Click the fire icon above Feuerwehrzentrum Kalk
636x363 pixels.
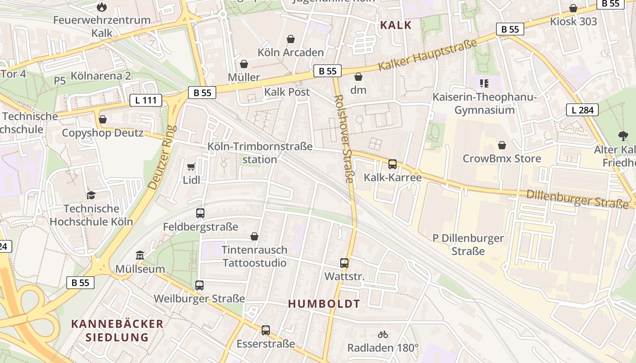point(102,7)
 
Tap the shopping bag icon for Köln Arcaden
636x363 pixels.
point(291,39)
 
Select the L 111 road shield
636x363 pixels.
point(146,100)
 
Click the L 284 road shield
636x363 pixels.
point(582,109)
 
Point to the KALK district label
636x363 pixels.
point(396,25)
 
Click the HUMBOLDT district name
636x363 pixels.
point(324,304)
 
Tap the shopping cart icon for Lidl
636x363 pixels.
point(191,167)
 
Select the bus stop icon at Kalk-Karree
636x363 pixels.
point(393,164)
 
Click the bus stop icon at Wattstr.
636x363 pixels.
point(344,263)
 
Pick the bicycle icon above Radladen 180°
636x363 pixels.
point(383,335)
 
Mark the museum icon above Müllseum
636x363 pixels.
point(140,256)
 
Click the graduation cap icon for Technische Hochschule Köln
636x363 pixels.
point(91,196)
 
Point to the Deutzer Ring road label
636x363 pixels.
point(162,157)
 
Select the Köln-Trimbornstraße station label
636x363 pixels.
point(260,153)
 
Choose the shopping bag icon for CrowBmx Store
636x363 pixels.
point(502,145)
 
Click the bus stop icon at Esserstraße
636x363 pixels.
point(266,330)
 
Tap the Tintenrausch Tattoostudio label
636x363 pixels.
point(254,256)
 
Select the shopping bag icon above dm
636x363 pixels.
point(358,77)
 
